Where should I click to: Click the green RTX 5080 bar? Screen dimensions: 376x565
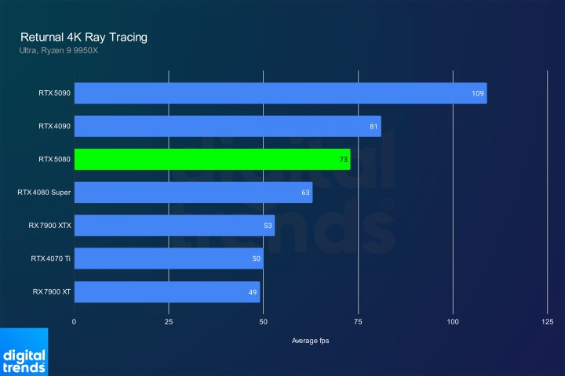tap(212, 159)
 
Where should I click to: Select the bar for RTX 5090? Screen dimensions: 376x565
tap(280, 93)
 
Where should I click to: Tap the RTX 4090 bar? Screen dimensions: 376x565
tap(228, 126)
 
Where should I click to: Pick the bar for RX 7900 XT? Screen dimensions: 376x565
tap(166, 291)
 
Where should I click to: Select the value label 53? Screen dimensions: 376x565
tap(268, 226)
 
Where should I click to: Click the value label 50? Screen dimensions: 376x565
tap(257, 258)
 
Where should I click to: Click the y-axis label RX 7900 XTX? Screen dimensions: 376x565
tap(49, 226)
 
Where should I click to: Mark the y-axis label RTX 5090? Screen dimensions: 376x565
tap(53, 93)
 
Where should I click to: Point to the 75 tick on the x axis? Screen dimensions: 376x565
tap(358, 322)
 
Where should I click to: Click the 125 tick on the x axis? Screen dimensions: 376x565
tap(548, 322)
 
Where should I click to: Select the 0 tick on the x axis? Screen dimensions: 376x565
tap(75, 322)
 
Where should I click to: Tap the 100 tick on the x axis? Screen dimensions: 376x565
tap(453, 322)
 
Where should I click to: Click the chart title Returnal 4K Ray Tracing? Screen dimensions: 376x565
tap(83, 37)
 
